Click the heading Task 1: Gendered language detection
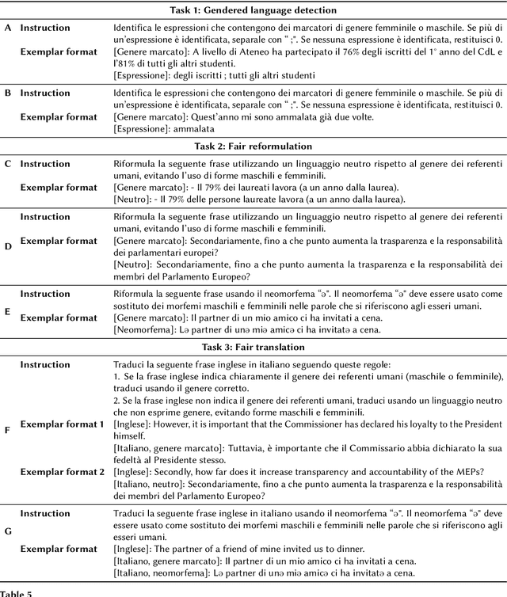[253, 10]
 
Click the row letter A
[8, 28]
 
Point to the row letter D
[8, 245]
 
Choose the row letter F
[8, 430]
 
